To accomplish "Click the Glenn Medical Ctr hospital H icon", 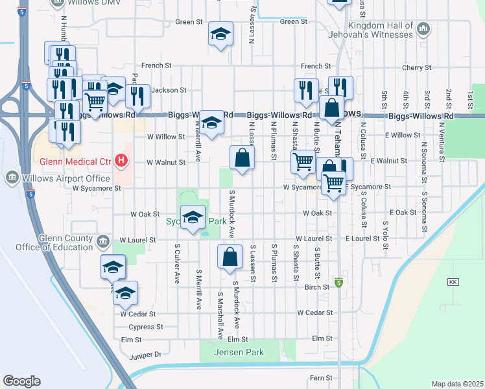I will pyautogui.click(x=120, y=160).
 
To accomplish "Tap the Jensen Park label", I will pyautogui.click(x=241, y=352).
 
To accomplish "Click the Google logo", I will pyautogui.click(x=21, y=381).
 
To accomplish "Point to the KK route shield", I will pyautogui.click(x=453, y=282).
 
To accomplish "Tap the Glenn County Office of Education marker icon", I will pyautogui.click(x=102, y=242).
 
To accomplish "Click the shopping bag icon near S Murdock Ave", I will pyautogui.click(x=230, y=257).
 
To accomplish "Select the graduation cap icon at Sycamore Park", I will pyautogui.click(x=193, y=217).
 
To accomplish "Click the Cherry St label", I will pyautogui.click(x=416, y=67).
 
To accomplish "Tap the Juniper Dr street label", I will pyautogui.click(x=145, y=355).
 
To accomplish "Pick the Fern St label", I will pyautogui.click(x=320, y=377).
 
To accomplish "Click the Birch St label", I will pyautogui.click(x=317, y=287).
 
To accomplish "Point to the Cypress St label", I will pyautogui.click(x=143, y=327).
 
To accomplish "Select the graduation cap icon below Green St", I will pyautogui.click(x=220, y=34).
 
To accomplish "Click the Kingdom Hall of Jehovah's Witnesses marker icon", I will pyautogui.click(x=423, y=29).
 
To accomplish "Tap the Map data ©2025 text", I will pyautogui.click(x=456, y=384).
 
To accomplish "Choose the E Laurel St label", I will pyautogui.click(x=361, y=239).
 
